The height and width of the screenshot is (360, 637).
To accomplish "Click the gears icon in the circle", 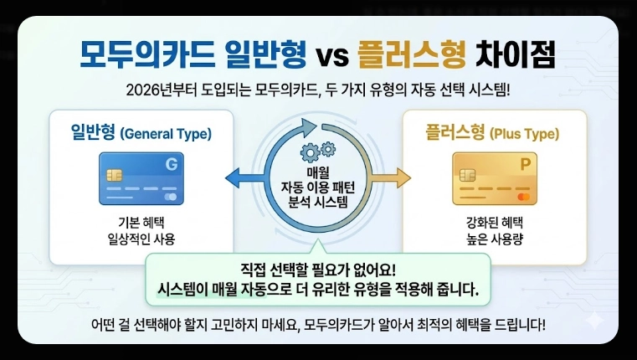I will [x=318, y=151].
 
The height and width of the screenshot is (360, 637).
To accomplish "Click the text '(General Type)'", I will [x=166, y=134].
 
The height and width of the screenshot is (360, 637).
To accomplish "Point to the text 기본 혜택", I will [x=141, y=222].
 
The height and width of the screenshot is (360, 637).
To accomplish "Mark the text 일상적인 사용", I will [x=141, y=239].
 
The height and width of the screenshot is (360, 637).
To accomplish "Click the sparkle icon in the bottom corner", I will [x=595, y=319].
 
